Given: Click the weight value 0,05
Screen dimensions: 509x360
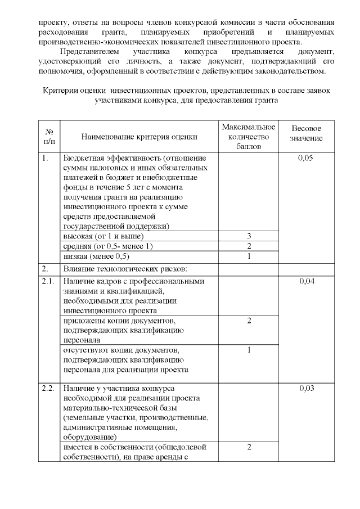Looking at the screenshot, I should point(307,158).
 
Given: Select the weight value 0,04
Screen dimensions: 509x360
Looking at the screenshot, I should point(307,281).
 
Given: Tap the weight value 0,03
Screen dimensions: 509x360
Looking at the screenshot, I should point(307,389).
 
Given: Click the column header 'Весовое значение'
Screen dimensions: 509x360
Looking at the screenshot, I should point(307,133).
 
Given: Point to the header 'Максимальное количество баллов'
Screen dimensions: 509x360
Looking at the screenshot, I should point(249,137).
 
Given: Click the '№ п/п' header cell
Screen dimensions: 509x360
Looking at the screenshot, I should point(49,137).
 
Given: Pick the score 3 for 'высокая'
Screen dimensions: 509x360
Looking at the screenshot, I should point(249,236).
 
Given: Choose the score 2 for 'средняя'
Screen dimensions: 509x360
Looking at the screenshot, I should point(249,246).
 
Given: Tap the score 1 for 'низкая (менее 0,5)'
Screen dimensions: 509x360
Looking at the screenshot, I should point(249,256).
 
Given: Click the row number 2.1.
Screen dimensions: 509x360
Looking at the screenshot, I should point(48,281).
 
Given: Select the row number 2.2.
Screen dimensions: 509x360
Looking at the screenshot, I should point(48,389).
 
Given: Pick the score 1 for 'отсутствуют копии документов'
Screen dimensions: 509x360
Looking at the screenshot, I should point(249,350).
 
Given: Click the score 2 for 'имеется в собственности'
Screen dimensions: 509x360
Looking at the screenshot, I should point(249,447).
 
